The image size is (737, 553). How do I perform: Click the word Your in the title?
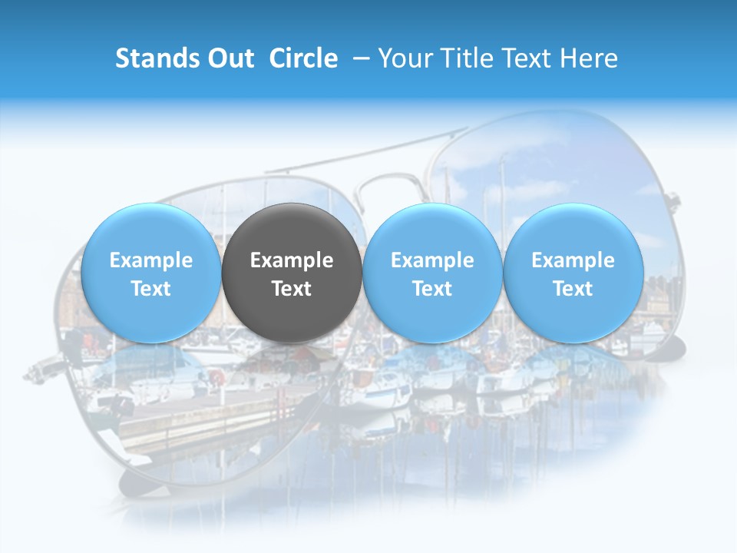pos(402,58)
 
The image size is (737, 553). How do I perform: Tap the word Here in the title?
pos(591,58)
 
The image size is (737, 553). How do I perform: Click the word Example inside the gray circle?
pos(292,260)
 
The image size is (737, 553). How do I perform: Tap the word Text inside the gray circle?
pos(292,289)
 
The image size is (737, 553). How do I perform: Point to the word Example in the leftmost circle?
pos(150,260)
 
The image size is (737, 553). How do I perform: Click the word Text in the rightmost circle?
pos(573,289)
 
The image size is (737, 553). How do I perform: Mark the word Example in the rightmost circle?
pos(573,260)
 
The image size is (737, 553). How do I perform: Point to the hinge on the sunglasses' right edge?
pos(673,204)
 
